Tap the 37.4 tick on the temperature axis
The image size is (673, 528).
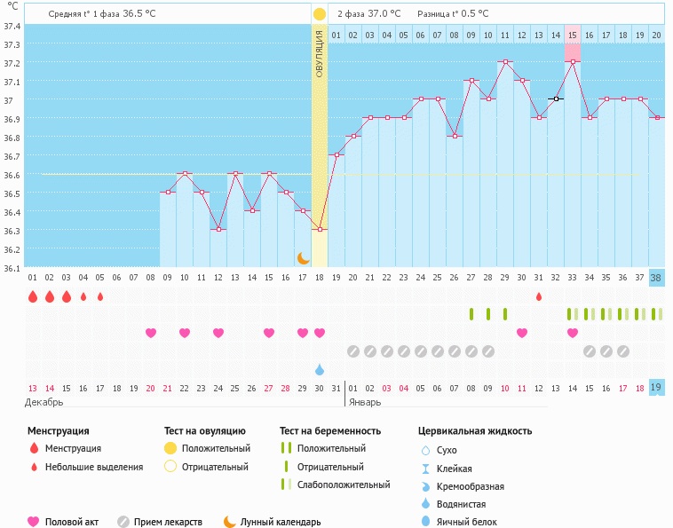(x=12, y=26)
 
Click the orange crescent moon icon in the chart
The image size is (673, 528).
(x=303, y=257)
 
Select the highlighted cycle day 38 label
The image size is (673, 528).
(x=656, y=277)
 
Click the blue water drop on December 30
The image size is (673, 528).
(x=320, y=369)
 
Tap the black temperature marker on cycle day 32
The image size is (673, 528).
(x=556, y=99)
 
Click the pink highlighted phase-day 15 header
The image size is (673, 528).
(x=573, y=35)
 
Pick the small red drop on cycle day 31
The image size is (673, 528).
(x=539, y=296)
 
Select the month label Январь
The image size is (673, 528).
(x=364, y=402)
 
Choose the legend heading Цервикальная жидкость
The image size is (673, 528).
(x=475, y=431)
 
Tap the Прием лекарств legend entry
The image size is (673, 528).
(x=168, y=522)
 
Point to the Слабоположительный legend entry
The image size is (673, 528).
(x=344, y=485)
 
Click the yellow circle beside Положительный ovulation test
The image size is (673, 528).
(x=170, y=449)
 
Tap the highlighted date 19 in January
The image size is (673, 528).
(x=656, y=388)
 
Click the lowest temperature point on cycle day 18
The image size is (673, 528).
(x=320, y=230)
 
